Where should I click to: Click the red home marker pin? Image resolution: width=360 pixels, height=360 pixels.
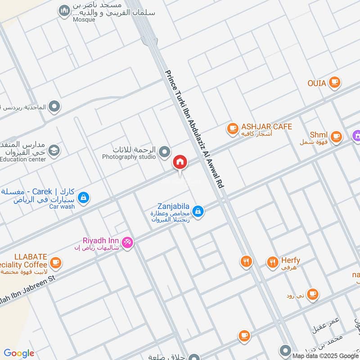coord(180,162)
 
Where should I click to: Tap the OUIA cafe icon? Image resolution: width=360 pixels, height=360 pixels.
coord(334,82)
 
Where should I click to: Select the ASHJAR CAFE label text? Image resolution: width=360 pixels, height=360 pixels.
coord(266,127)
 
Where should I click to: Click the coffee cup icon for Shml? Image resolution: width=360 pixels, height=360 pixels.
coord(336,136)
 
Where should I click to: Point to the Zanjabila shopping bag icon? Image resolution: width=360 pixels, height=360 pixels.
coord(197,211)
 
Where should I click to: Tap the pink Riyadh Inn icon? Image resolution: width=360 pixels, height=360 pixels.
coord(127,243)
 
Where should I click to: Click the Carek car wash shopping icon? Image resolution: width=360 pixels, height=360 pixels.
coord(83,197)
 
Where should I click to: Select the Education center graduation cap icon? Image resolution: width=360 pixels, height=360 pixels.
coord(54,150)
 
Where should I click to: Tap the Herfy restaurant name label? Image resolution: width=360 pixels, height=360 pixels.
coord(290,261)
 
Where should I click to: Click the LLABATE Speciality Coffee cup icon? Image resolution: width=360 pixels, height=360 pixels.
coord(55,262)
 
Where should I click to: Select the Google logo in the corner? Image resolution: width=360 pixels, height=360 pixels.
coord(19,353)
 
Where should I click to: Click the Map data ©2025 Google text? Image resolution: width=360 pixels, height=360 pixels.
coord(324,355)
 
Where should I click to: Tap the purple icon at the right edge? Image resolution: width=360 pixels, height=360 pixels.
coord(356,135)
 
